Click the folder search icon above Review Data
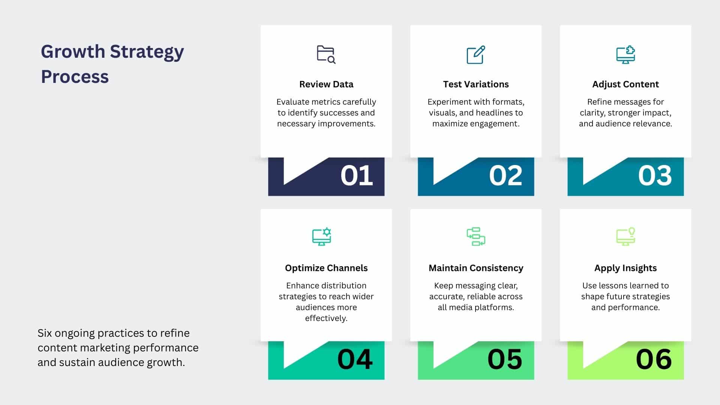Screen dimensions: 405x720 click(x=326, y=55)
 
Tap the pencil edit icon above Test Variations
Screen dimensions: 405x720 click(x=475, y=55)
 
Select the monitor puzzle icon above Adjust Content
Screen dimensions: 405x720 click(x=625, y=55)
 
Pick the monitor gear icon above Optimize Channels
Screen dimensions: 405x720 click(x=322, y=237)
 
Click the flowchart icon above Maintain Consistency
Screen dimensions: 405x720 click(x=476, y=237)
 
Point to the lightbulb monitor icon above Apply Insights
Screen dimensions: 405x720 click(x=625, y=237)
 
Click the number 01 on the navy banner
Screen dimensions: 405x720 click(x=357, y=175)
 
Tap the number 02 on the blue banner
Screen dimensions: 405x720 click(x=505, y=175)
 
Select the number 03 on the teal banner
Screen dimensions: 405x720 click(x=655, y=175)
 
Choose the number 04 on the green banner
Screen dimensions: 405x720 click(x=355, y=359)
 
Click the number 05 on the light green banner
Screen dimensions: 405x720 click(x=505, y=359)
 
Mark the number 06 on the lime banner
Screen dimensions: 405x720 click(x=654, y=359)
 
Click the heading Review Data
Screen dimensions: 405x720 click(x=326, y=84)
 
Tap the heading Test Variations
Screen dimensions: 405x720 click(x=476, y=84)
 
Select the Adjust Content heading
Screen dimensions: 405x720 click(x=625, y=84)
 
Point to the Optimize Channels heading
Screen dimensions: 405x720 click(x=326, y=268)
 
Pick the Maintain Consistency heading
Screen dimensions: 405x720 click(x=476, y=268)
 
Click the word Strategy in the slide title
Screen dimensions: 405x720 click(x=147, y=52)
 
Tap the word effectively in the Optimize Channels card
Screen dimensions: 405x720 click(x=326, y=318)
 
